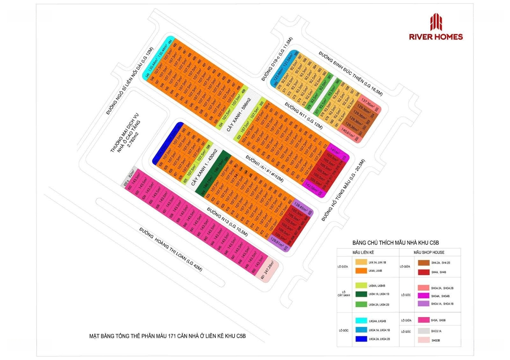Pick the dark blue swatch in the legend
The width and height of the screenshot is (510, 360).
359,339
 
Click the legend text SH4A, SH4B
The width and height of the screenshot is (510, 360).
437,272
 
